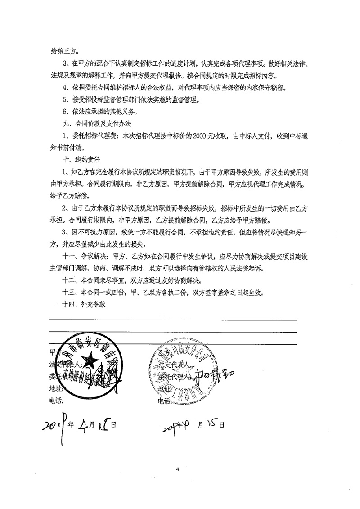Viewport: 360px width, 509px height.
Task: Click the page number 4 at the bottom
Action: [x=178, y=469]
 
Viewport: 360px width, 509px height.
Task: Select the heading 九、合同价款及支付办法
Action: [x=93, y=122]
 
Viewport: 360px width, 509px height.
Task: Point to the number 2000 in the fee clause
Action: [x=201, y=135]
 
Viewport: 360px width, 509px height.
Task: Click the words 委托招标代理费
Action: [x=94, y=135]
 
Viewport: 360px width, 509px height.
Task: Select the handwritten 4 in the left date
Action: [x=83, y=423]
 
